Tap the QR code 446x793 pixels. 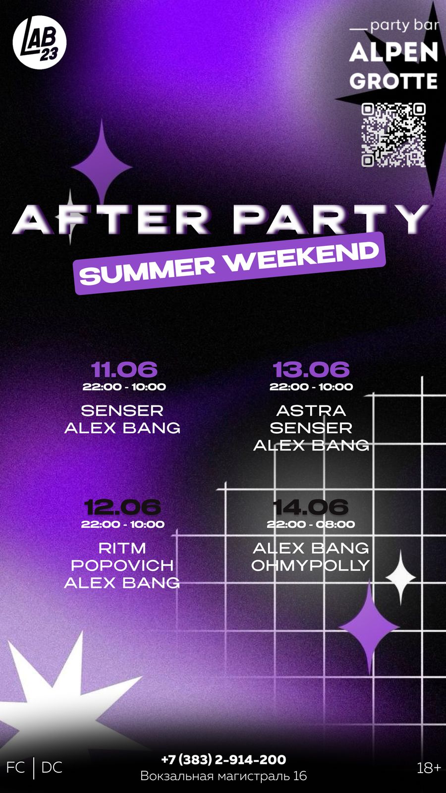tap(393, 134)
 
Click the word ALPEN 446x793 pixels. tap(393, 53)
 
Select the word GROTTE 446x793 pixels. tap(393, 81)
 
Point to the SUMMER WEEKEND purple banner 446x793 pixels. tap(229, 263)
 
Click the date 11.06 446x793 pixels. tap(124, 369)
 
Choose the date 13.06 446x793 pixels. tap(311, 369)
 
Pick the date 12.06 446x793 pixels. tap(122, 507)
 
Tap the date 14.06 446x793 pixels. tap(310, 507)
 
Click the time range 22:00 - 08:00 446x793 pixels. tap(311, 524)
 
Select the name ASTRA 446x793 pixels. tap(311, 411)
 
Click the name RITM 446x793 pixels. tap(122, 548)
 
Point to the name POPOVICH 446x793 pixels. tap(122, 566)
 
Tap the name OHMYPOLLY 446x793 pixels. tap(310, 566)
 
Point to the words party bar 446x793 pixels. tap(404, 26)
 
